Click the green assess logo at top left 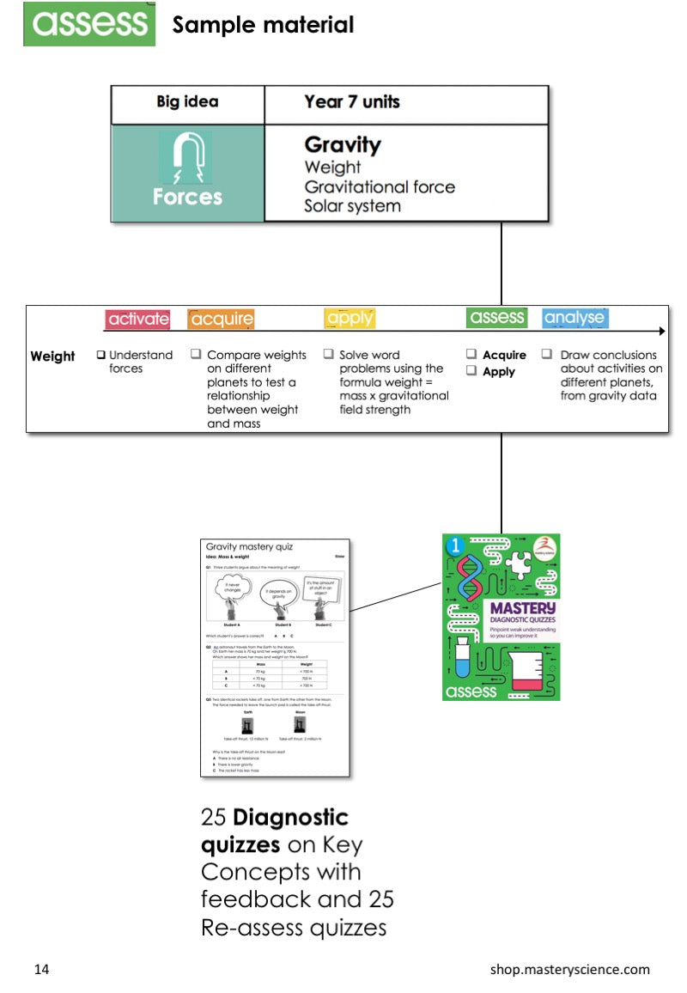(x=89, y=24)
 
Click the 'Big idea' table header (x=187, y=102)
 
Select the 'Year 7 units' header (x=351, y=102)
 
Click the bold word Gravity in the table (x=342, y=145)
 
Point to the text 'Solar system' (x=352, y=206)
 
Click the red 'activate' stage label (x=137, y=319)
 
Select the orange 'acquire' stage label (x=222, y=319)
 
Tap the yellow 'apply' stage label (x=350, y=319)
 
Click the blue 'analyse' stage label (x=575, y=318)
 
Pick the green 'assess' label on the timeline (x=497, y=317)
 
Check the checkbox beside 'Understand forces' (x=101, y=355)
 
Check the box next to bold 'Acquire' (x=471, y=354)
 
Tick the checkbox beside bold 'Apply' (x=471, y=371)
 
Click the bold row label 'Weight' (x=52, y=356)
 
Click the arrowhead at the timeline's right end (x=660, y=331)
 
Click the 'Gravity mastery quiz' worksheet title (x=248, y=546)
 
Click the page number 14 (x=41, y=970)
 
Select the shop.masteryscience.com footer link (x=569, y=970)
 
